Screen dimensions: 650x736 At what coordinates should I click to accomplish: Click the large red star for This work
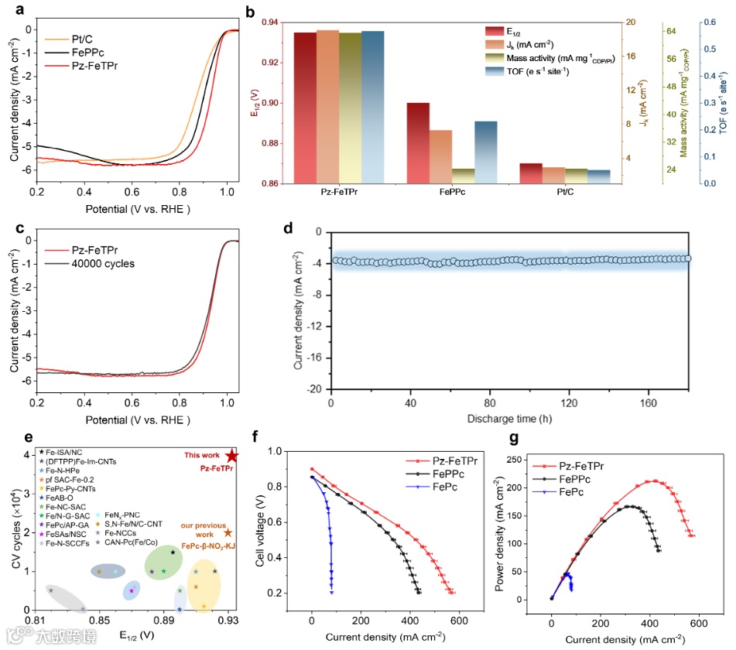coord(233,457)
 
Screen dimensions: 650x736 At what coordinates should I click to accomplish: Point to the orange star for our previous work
coord(228,532)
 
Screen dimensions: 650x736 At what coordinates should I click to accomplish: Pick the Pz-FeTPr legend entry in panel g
coord(580,466)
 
